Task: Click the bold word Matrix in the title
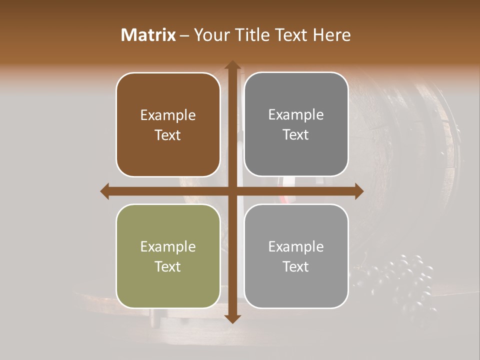tap(148, 35)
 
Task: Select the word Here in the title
tap(331, 35)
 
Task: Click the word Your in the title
tap(209, 35)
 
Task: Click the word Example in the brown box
tap(168, 115)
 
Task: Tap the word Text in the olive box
tap(168, 266)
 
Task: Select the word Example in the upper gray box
tap(296, 115)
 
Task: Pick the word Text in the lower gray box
tap(296, 266)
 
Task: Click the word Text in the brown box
tap(168, 135)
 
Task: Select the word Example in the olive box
tap(168, 246)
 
